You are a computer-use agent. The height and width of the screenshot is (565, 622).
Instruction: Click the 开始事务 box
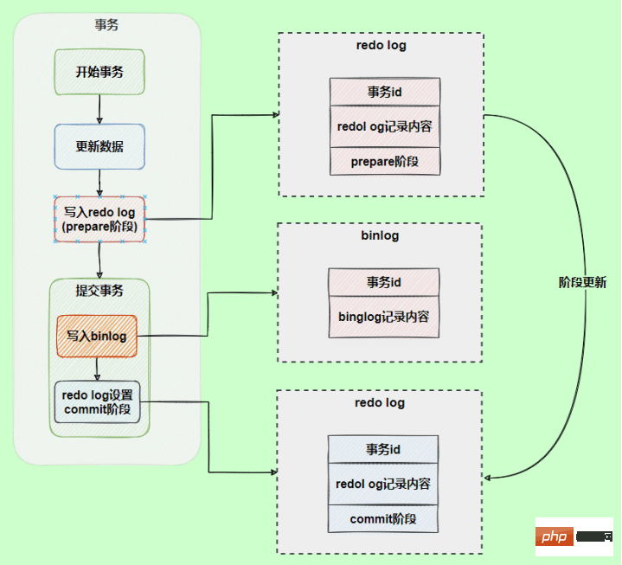coord(99,72)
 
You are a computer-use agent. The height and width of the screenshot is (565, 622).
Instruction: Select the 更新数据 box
coord(99,146)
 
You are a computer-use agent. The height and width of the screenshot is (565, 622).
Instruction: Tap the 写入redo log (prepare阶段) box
coord(99,220)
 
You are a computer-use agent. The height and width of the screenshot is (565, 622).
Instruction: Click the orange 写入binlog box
coord(97,336)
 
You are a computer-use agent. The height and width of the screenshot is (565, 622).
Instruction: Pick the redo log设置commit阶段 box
coord(97,401)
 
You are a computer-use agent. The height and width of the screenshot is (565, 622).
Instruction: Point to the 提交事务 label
coord(99,291)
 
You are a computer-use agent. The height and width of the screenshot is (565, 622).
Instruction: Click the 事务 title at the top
coord(106,25)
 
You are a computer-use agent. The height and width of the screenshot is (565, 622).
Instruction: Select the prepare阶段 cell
coord(385,161)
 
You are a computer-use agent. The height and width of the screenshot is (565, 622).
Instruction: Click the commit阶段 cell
coord(383,519)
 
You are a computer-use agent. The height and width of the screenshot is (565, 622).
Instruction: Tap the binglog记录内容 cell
coord(383,317)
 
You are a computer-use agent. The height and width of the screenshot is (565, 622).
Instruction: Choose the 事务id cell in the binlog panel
coord(383,282)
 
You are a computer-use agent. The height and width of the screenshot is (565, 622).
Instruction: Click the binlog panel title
coord(379,235)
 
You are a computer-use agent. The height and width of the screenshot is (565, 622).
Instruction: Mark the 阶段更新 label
coord(582,282)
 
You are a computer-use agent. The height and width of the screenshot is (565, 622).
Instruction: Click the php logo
coord(555,538)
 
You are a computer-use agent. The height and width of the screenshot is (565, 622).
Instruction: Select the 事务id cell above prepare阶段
coord(385,92)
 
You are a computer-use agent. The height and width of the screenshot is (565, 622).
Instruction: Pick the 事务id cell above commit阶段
coord(383,450)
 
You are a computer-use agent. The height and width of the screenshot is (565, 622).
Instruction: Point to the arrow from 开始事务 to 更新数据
coord(99,109)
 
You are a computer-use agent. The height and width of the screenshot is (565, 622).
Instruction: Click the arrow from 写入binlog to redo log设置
coord(97,369)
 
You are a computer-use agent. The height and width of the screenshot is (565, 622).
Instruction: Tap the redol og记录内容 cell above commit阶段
coord(383,485)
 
